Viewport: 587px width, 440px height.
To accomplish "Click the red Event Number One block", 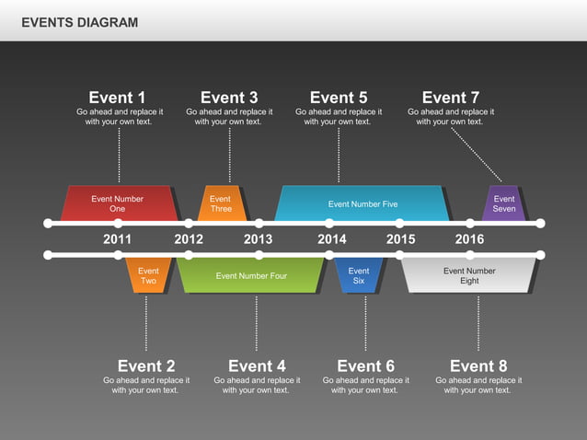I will [118, 203].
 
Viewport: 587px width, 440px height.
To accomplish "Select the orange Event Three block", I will [221, 203].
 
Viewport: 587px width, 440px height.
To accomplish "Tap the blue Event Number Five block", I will [363, 203].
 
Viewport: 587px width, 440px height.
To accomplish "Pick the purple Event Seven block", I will [504, 203].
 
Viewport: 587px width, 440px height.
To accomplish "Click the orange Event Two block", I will [148, 275].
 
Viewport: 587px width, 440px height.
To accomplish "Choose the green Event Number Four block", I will [251, 275].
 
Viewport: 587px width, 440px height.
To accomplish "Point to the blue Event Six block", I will [359, 275].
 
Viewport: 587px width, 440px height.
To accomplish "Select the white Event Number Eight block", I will [469, 275].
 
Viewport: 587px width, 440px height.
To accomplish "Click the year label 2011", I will [118, 239].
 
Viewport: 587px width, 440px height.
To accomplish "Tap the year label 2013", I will [259, 239].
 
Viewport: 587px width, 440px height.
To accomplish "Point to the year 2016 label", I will [469, 239].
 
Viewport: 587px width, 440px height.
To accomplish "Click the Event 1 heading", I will [117, 98].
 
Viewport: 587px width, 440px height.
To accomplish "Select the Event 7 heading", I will [450, 98].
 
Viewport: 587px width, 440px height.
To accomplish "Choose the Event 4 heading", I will [257, 366].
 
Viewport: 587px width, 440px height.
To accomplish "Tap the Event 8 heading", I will [478, 366].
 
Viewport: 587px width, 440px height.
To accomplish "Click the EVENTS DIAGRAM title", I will [80, 22].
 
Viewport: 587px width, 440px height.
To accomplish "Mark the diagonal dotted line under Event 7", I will [477, 154].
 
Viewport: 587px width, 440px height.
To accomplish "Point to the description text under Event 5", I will [338, 117].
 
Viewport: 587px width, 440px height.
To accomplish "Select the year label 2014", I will [332, 239].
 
